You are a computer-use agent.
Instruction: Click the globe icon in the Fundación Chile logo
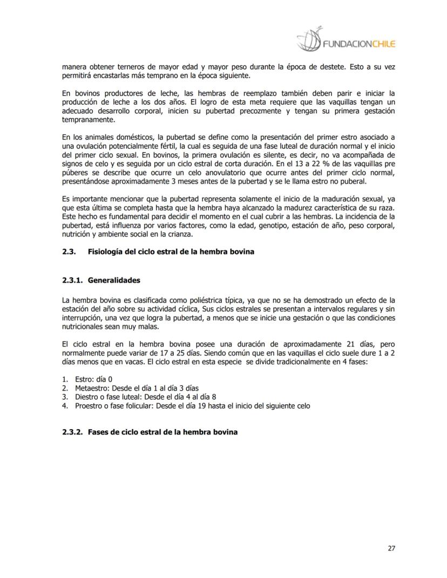point(308,39)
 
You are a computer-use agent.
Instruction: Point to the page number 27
point(391,548)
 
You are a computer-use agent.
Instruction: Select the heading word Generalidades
point(114,280)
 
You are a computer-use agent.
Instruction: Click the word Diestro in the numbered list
point(86,397)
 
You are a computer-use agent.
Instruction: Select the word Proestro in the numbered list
point(88,406)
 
